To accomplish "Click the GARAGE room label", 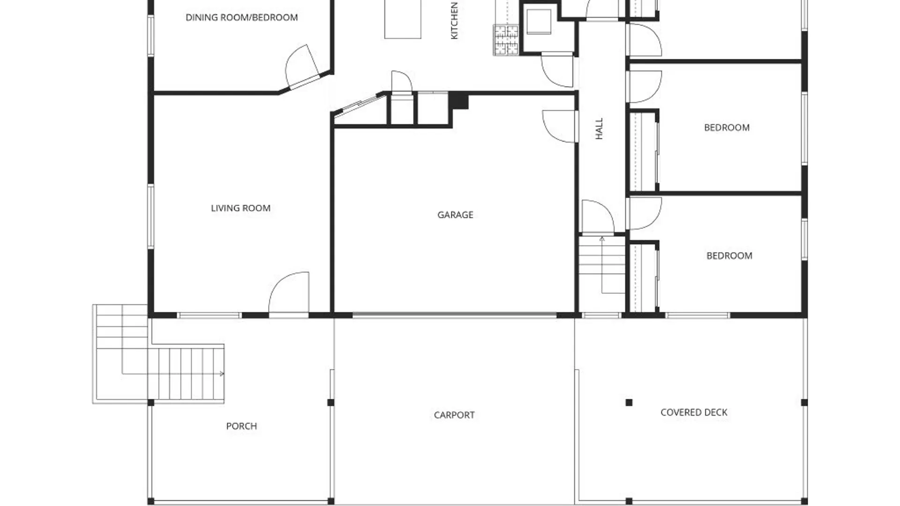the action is (455, 215).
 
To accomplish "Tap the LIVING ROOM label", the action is (240, 208).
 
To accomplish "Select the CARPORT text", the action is (454, 415).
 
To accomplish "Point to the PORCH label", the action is (241, 426).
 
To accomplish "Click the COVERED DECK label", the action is (694, 412).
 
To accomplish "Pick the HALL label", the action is (599, 128).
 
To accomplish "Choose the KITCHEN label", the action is (454, 21).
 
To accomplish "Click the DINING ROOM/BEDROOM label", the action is (241, 17).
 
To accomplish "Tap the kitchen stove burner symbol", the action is (506, 40).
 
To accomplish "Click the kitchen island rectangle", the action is (403, 19).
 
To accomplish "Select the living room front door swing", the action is (289, 293).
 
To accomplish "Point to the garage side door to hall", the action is (559, 126).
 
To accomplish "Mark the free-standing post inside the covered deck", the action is (629, 402).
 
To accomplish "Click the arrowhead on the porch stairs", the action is (222, 373).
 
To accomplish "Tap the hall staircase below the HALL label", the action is (602, 265).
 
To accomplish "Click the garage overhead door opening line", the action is (455, 316).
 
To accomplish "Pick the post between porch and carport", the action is (330, 402).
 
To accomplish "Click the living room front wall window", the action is (209, 315).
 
